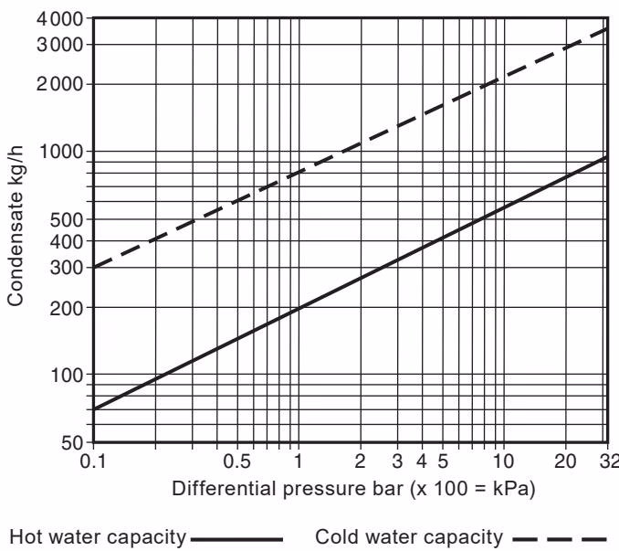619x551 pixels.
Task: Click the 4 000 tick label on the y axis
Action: [62, 18]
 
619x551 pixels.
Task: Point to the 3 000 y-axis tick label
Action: [62, 44]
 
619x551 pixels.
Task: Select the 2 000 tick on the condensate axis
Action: [62, 84]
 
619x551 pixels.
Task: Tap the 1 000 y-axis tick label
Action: [62, 152]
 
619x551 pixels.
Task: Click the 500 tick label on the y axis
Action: [68, 219]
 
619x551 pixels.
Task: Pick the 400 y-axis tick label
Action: [68, 241]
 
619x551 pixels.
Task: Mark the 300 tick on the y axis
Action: [68, 268]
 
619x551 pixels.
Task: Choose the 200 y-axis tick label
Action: [68, 308]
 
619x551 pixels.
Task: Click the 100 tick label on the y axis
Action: [68, 375]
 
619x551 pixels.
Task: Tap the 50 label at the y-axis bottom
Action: [73, 442]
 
